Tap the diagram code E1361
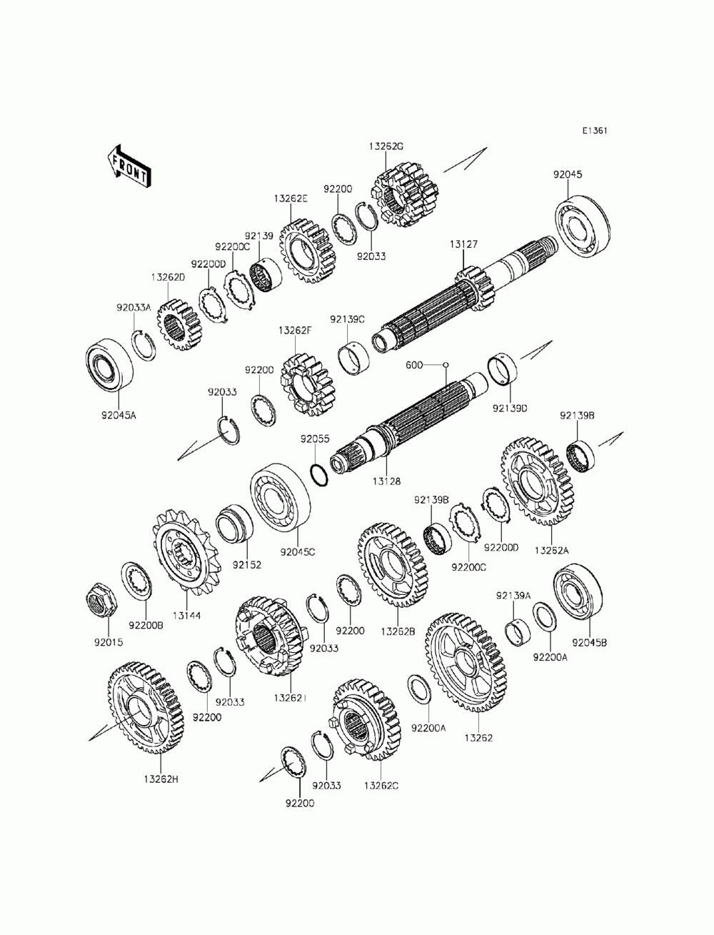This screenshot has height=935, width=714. (x=595, y=131)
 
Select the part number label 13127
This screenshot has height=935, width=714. (x=463, y=244)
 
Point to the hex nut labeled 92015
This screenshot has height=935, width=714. (x=99, y=596)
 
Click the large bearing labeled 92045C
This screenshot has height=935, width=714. (x=280, y=497)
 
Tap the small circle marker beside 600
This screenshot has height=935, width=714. (x=445, y=365)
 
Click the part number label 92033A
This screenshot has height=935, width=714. (x=134, y=308)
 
